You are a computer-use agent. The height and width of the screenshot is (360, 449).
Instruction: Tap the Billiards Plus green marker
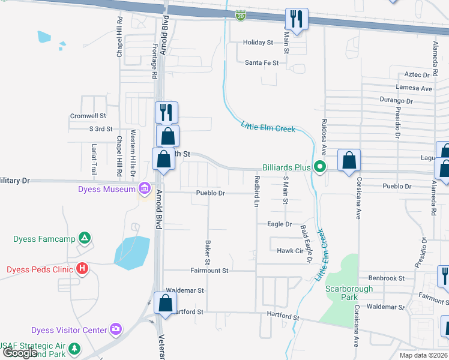[x=321, y=167]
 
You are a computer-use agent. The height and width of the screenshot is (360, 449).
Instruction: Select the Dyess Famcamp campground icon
[x=86, y=239]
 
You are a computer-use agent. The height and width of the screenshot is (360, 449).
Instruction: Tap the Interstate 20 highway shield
[x=240, y=15]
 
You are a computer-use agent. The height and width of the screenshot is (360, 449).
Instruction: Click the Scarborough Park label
[x=349, y=293]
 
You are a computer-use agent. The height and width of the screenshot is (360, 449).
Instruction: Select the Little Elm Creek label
[x=268, y=127]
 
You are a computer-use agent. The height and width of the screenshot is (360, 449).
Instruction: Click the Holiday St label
[x=258, y=43]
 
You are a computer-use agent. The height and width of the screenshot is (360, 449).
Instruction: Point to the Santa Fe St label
[x=262, y=62]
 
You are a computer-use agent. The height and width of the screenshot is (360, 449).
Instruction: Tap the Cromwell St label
[x=88, y=115]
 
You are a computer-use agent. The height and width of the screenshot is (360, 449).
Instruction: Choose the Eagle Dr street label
[x=279, y=224]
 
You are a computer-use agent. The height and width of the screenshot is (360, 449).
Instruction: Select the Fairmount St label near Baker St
[x=209, y=271]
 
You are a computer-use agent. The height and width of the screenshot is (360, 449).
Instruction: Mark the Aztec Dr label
[x=418, y=75]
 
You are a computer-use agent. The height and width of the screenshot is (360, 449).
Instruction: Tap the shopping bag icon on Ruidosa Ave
[x=349, y=160]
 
